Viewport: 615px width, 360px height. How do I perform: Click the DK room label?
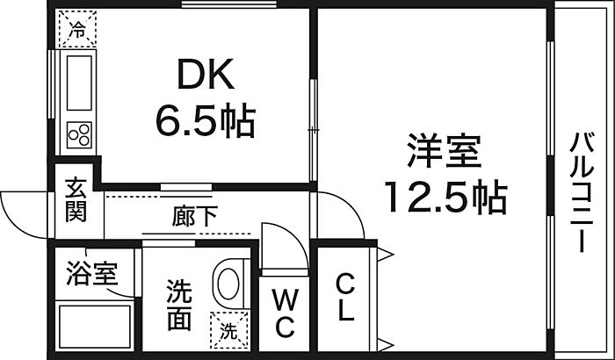[206, 74]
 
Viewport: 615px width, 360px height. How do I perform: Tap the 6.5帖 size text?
[206, 120]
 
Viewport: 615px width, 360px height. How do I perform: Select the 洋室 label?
[444, 151]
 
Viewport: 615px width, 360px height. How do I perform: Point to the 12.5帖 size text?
[445, 197]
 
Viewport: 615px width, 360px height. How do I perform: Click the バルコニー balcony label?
[582, 192]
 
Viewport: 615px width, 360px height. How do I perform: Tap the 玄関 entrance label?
[76, 199]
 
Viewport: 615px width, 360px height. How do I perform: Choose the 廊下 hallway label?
[194, 217]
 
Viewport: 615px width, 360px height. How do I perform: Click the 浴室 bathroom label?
[91, 272]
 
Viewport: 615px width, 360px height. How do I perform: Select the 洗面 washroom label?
[179, 305]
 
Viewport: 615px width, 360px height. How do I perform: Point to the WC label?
[285, 313]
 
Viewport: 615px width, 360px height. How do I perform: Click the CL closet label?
[345, 298]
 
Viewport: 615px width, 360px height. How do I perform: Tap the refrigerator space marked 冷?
[77, 29]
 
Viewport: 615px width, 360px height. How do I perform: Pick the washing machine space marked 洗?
[229, 330]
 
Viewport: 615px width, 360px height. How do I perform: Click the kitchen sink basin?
[79, 83]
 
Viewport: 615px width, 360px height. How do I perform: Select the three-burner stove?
[79, 135]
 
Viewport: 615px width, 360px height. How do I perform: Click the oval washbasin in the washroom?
[228, 284]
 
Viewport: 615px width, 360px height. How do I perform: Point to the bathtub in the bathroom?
[95, 327]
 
